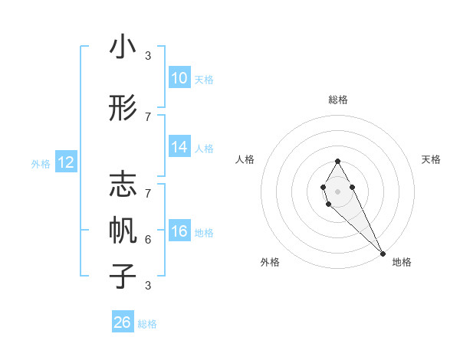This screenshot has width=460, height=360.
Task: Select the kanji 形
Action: tap(123, 108)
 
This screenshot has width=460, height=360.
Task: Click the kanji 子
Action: tap(123, 275)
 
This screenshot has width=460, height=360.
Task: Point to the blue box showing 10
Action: tap(179, 78)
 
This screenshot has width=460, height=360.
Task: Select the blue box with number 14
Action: tap(179, 147)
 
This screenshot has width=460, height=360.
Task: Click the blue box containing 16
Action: tap(179, 231)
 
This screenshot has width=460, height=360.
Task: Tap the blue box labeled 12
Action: tap(66, 162)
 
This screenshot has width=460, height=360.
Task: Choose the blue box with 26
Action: tap(123, 322)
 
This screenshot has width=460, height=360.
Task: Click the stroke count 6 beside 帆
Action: tap(148, 239)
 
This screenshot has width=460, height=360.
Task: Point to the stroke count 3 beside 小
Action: tap(148, 56)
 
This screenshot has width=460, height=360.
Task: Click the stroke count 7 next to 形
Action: tap(148, 116)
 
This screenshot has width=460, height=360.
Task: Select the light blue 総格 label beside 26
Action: tap(147, 324)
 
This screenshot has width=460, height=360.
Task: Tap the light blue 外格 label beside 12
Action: tap(41, 163)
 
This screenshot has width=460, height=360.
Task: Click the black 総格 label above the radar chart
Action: tap(337, 100)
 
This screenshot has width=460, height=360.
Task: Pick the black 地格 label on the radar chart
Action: tap(402, 262)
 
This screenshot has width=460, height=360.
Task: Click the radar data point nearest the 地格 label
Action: tap(383, 253)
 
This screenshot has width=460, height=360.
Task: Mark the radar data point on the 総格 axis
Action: tap(337, 161)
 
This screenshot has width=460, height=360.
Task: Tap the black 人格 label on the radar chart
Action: tap(245, 159)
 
